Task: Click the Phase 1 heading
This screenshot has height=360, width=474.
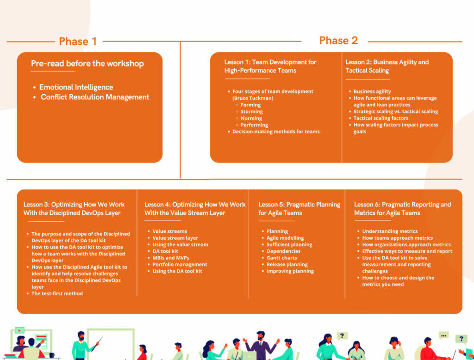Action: click(78, 41)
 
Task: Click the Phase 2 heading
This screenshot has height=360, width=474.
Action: click(338, 41)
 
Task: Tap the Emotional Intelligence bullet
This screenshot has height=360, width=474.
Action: click(76, 87)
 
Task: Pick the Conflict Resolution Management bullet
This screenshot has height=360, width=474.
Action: click(95, 97)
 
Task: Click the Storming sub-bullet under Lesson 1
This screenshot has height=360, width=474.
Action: click(251, 112)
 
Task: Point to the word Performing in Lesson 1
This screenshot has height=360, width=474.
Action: click(254, 125)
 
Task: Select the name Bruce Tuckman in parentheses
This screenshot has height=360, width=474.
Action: click(253, 98)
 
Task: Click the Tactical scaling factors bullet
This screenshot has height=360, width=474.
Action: click(381, 118)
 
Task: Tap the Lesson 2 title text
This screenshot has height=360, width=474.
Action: click(387, 66)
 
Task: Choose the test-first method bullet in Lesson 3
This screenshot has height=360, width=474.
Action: click(57, 293)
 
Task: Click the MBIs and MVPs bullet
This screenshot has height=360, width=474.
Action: click(171, 258)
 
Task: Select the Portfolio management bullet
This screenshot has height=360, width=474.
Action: click(180, 265)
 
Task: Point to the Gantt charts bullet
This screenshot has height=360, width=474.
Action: click(282, 258)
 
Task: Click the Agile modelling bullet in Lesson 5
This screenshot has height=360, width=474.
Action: click(285, 238)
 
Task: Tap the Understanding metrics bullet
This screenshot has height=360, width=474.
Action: click(390, 231)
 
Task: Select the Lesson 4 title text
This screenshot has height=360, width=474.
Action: click(195, 209)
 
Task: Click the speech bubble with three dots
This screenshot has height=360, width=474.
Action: click(443, 335)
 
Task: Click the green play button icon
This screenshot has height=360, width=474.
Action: click(19, 330)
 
